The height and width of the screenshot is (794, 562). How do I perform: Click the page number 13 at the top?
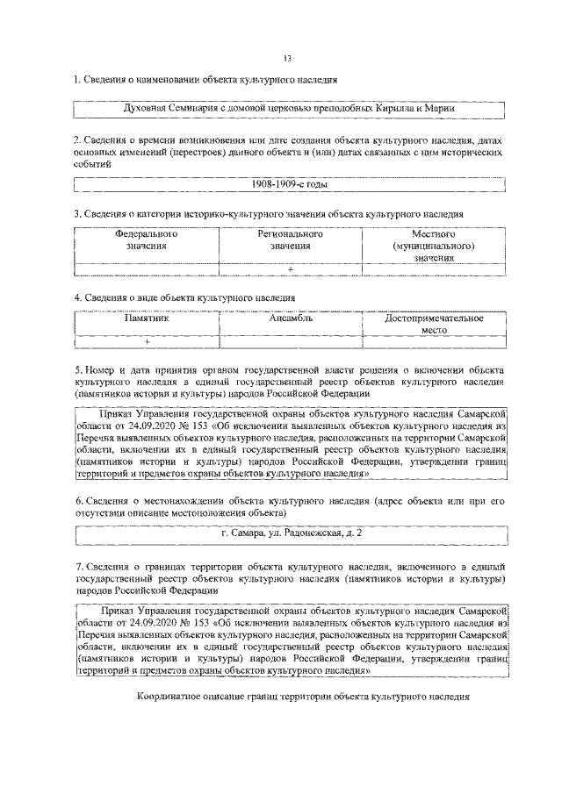(287, 59)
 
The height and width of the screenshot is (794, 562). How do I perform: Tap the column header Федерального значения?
(147, 241)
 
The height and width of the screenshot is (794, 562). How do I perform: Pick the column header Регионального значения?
(290, 241)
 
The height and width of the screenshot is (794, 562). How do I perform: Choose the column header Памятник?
(147, 318)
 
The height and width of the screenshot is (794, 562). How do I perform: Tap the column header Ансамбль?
(290, 318)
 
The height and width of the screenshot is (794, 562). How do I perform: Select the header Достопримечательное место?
(434, 325)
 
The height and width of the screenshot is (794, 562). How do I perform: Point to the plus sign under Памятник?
(147, 341)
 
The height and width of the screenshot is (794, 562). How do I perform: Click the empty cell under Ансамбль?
(290, 341)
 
